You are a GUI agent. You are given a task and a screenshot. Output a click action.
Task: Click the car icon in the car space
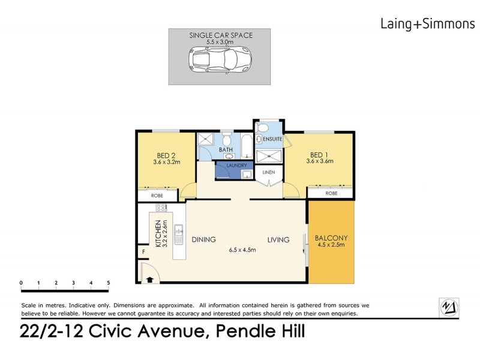(221, 60)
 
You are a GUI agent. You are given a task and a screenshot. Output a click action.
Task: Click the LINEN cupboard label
(267, 173)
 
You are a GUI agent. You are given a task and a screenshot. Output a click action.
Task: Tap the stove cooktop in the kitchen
(161, 208)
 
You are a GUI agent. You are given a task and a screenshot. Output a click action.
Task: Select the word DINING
(204, 239)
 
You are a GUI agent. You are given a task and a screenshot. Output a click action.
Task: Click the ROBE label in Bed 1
(331, 193)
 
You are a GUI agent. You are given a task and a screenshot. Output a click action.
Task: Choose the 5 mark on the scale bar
(109, 282)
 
